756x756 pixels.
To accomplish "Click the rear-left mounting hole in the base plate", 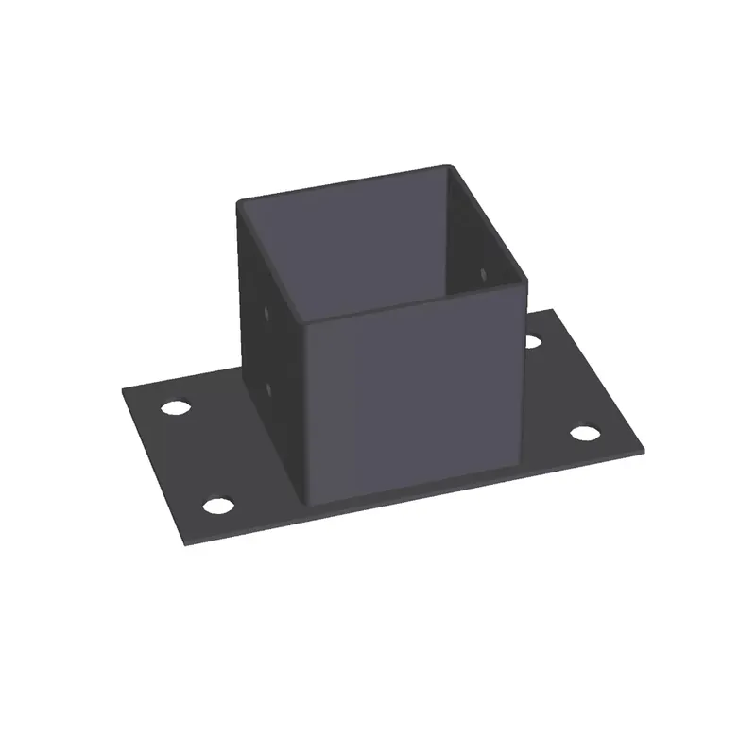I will coord(175,409).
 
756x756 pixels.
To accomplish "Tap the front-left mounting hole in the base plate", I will coord(218,506).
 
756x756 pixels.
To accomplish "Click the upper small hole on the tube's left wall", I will coord(267,309).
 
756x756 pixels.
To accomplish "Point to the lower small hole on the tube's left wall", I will coord(268,387).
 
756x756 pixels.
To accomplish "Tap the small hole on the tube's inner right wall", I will coord(483,274).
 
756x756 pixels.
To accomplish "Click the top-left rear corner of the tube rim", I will coord(238,199).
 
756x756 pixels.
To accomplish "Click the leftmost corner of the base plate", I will coord(123,389).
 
